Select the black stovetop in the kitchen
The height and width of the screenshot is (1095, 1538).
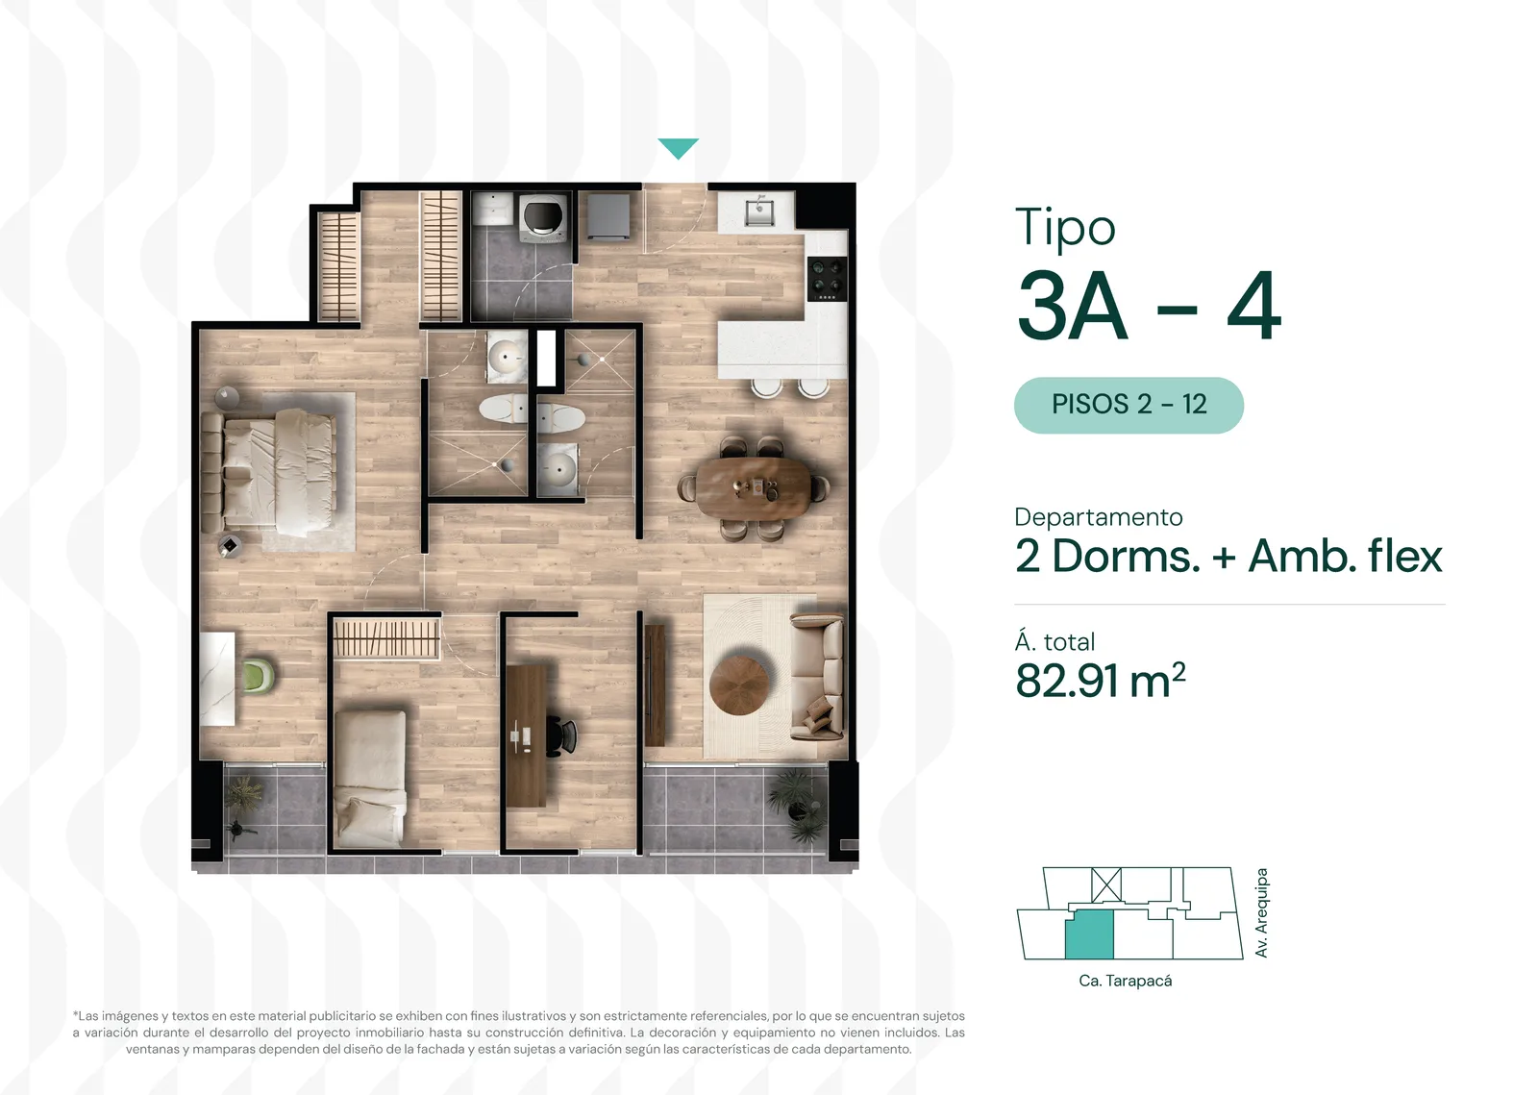827,279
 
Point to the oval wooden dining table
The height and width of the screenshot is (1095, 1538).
754,488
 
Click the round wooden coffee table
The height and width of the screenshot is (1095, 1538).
739,685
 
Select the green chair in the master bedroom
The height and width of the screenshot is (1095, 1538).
259,676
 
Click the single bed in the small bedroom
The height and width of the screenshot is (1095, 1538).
370,779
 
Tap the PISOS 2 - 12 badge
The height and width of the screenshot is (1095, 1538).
1129,405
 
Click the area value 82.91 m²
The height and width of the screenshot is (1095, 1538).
1100,681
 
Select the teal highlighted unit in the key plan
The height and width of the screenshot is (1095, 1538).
1089,934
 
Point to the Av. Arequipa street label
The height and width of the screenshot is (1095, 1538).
1260,912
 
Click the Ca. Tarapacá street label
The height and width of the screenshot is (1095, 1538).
1125,981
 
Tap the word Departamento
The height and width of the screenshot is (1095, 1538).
1099,517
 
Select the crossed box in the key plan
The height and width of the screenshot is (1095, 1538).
1106,884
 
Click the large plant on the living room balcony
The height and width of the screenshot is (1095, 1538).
798,804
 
